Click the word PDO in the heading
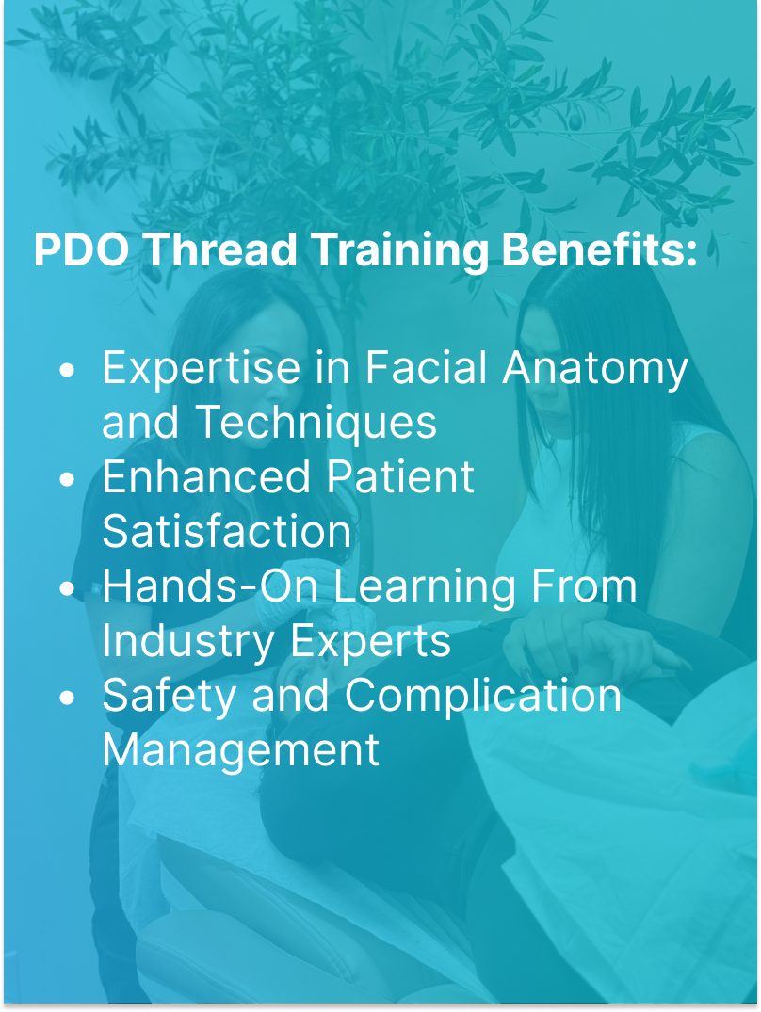[x=82, y=250]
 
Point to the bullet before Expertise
[x=66, y=370]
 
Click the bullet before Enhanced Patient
[x=66, y=479]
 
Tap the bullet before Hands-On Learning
[x=66, y=588]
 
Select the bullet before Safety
[x=66, y=698]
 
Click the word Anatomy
[x=595, y=369]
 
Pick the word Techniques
[x=316, y=423]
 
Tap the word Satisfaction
[x=226, y=532]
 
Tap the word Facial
[x=428, y=367]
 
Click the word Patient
[x=400, y=477]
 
